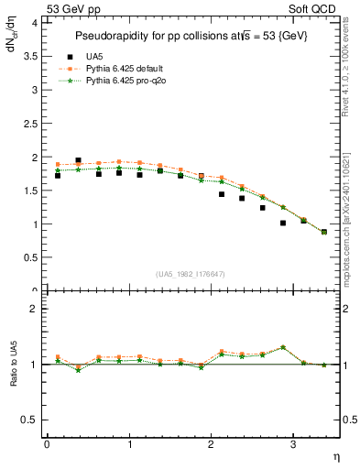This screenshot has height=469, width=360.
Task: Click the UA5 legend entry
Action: (x=115, y=56)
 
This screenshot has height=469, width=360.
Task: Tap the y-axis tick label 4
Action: (x=35, y=24)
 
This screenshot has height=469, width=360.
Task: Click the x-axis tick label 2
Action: (x=211, y=444)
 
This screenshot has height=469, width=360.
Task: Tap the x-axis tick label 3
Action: (x=293, y=444)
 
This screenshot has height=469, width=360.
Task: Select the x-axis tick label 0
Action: (x=47, y=444)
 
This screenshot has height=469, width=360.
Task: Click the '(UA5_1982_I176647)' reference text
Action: (x=191, y=274)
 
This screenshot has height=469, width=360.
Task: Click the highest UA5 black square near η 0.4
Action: (x=78, y=160)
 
